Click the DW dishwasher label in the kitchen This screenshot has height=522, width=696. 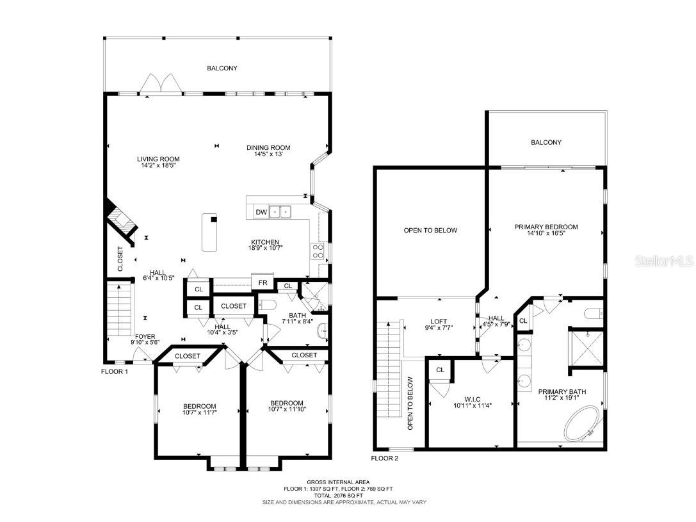pos(261,212)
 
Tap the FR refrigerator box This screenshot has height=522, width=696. pos(263,282)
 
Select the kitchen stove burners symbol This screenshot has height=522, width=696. pos(318,250)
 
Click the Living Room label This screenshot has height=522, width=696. pos(158,159)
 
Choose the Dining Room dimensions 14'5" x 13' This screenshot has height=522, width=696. pos(268,154)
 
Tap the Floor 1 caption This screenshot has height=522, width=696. pos(115,371)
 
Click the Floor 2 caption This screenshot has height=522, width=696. pos(384,458)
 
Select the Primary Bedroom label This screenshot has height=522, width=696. pos(546,227)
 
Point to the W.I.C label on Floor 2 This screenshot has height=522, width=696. pos(473,399)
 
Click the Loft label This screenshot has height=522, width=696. pos(439,322)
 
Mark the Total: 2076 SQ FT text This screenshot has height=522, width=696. pos(338,495)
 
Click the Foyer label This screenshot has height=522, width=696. pos(145,336)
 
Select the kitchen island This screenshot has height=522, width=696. pos(209,232)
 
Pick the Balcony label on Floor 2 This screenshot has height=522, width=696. pos(546,142)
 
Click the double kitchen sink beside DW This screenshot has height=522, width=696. pos(280,212)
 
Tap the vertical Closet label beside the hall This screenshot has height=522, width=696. pos(120,259)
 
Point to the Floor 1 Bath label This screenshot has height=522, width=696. pos(297,315)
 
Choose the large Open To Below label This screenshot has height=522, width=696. pos(430,230)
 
